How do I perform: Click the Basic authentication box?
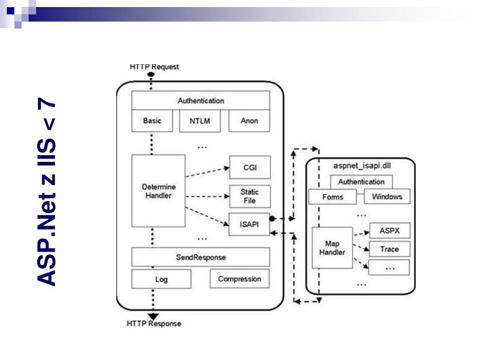click(152, 121)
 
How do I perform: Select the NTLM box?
click(200, 121)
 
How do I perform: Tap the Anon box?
click(249, 121)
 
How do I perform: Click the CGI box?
click(250, 167)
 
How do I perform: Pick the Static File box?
click(250, 196)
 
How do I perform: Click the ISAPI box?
click(250, 224)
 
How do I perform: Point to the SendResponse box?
click(201, 257)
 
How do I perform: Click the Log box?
click(161, 279)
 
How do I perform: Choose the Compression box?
click(240, 279)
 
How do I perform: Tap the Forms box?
click(332, 197)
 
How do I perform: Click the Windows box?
click(387, 197)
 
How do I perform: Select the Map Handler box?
click(332, 247)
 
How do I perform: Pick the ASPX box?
click(389, 231)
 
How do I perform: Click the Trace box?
click(389, 249)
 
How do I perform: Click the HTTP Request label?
click(154, 67)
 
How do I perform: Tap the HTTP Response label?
click(154, 323)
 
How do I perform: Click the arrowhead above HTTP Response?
click(153, 316)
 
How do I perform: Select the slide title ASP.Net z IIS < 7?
click(47, 192)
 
